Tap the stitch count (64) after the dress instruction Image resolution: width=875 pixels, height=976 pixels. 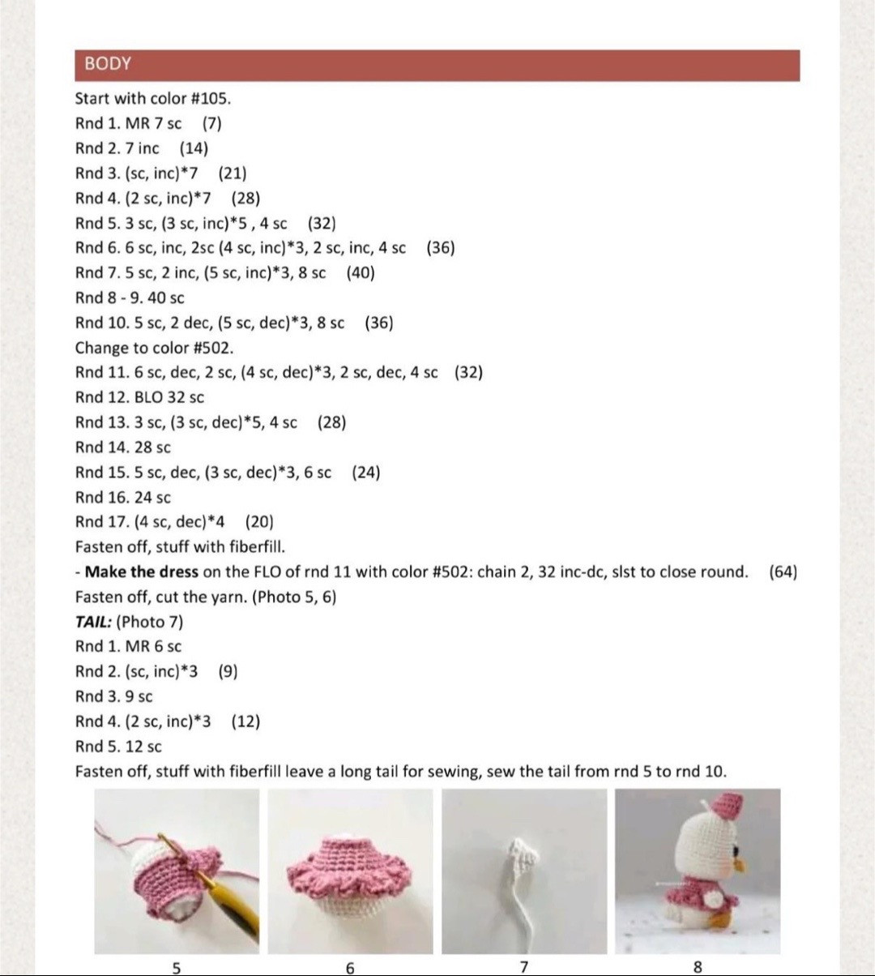click(783, 571)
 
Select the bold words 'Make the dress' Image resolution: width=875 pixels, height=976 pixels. click(141, 571)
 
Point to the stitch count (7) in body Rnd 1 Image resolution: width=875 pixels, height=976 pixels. click(212, 123)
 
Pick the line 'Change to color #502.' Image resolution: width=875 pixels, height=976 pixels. click(154, 348)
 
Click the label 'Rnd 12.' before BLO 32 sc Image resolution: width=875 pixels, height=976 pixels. click(101, 397)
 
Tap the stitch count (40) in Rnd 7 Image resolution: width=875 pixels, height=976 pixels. click(361, 273)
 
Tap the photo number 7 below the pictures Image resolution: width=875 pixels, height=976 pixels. click(524, 966)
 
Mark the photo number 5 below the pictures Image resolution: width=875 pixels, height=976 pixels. click(177, 966)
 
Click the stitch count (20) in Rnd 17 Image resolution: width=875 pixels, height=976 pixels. click(259, 522)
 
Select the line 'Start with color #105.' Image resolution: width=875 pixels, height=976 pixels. click(153, 99)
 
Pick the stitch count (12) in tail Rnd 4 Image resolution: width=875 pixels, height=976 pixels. click(245, 721)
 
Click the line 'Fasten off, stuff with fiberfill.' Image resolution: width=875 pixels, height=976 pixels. click(180, 547)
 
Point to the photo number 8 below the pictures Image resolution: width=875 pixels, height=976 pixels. click(698, 966)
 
